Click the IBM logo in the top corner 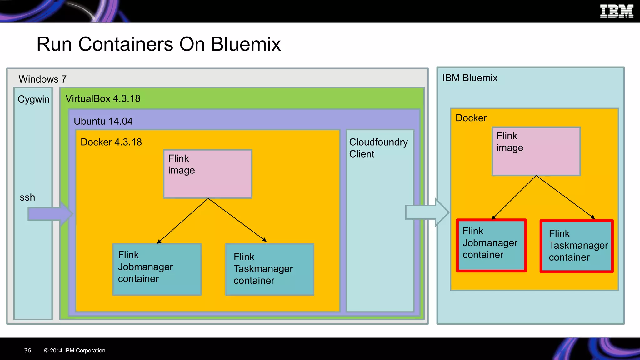coord(616,12)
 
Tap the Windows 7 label coord(42,79)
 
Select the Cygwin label coord(33,99)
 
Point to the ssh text coord(27,197)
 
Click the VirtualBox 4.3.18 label coord(103,99)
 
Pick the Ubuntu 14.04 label coord(103,121)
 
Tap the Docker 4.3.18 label coord(111,142)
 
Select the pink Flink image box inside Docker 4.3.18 coord(208,174)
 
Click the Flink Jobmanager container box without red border coord(157,269)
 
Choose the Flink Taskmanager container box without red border coord(269,269)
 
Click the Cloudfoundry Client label coord(378,148)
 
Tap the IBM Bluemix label coord(470,78)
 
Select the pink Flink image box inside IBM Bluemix coord(536,151)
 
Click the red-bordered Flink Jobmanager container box coord(491,246)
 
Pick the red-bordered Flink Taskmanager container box coord(577,246)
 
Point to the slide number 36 coord(27,350)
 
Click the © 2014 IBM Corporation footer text coord(75,351)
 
